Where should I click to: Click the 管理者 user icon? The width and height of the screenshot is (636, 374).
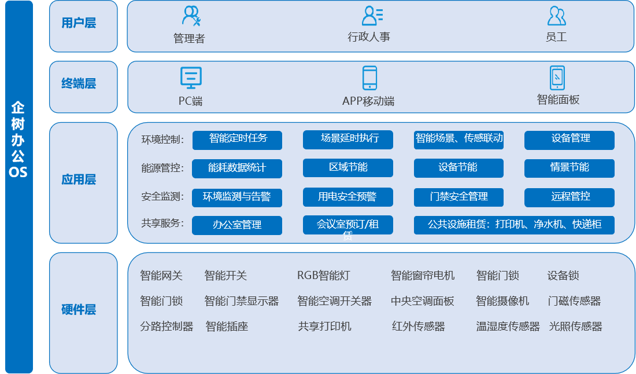tap(191, 16)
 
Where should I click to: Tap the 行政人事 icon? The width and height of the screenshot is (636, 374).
tap(371, 16)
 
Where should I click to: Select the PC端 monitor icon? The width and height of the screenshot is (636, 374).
tap(191, 78)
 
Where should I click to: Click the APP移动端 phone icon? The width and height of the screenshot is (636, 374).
tap(369, 78)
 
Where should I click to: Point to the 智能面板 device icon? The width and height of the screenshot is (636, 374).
tap(557, 78)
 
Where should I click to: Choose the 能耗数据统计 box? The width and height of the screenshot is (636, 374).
tap(237, 168)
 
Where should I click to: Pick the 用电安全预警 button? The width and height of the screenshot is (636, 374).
tap(347, 197)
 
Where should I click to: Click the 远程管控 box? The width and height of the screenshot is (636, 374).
tap(569, 197)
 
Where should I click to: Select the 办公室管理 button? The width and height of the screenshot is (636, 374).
tap(237, 225)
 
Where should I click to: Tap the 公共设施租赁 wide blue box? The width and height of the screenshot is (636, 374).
tap(514, 225)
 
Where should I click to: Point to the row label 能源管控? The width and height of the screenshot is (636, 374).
tap(162, 168)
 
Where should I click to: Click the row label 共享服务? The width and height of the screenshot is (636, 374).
tap(162, 223)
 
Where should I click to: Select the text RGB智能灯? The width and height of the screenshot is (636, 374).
tap(323, 276)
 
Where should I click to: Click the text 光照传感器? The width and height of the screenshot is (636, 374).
tap(575, 327)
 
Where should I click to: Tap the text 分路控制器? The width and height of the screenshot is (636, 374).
tap(167, 327)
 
